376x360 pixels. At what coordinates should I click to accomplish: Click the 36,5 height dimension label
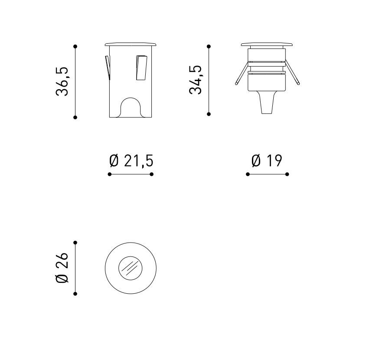click(x=62, y=82)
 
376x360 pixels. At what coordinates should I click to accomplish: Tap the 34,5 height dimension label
click(x=196, y=80)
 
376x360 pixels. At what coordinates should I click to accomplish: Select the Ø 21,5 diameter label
click(x=131, y=161)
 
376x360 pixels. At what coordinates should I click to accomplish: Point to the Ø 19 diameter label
click(x=267, y=160)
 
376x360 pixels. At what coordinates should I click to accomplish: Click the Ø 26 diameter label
click(x=62, y=268)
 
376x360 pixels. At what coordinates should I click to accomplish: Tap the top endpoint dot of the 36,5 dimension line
click(x=75, y=46)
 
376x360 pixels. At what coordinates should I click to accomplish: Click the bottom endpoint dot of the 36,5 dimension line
click(x=75, y=117)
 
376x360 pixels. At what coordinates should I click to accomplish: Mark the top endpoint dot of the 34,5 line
click(x=209, y=46)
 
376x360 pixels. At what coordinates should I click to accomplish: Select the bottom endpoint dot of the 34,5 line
click(x=209, y=114)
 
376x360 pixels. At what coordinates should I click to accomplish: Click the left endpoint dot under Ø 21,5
click(x=110, y=174)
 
